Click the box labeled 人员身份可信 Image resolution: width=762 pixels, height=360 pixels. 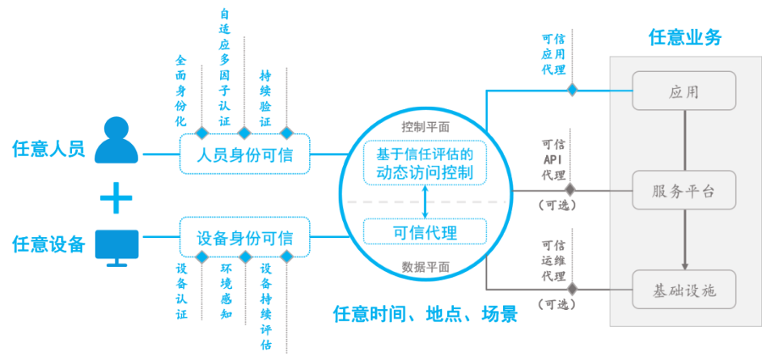pyautogui.click(x=243, y=156)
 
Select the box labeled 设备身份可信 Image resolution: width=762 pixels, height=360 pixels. pyautogui.click(x=244, y=237)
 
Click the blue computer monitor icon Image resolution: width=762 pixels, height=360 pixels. pyautogui.click(x=117, y=246)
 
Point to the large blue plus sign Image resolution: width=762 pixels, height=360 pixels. pyautogui.click(x=117, y=198)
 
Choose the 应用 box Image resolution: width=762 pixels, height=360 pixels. pyautogui.click(x=684, y=91)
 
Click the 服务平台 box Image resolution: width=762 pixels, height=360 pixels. pyautogui.click(x=684, y=191)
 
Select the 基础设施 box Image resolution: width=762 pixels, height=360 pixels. pyautogui.click(x=684, y=291)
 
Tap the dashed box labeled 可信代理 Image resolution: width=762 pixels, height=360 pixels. pyautogui.click(x=425, y=232)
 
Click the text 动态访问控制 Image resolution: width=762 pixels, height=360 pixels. pyautogui.click(x=425, y=173)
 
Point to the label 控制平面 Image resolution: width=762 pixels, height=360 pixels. pyautogui.click(x=425, y=127)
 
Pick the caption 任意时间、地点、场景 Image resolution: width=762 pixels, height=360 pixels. pyautogui.click(x=425, y=316)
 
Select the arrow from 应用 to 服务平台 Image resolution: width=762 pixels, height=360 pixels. pyautogui.click(x=684, y=141)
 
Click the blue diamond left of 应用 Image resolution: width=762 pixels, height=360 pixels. pyautogui.click(x=573, y=89)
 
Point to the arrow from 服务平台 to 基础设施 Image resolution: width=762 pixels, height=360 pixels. pyautogui.click(x=684, y=241)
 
